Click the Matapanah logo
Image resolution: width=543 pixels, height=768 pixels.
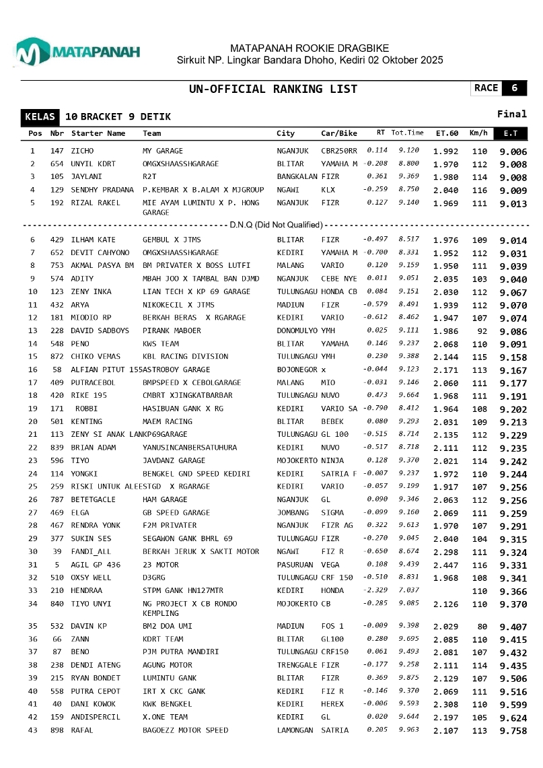77,52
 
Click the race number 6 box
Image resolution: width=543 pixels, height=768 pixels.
515,88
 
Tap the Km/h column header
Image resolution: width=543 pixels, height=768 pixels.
478,133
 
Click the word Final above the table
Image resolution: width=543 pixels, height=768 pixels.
511,114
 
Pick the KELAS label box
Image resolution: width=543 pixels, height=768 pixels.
40,116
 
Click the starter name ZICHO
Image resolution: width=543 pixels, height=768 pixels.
82,151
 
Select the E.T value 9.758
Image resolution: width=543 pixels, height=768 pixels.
513,730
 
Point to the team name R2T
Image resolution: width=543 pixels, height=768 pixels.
149,177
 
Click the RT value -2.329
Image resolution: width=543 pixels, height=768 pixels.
375,590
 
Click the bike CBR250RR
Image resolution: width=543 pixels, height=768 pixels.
339,151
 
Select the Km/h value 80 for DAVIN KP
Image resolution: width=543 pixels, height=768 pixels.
481,627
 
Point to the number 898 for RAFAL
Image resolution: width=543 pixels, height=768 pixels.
57,730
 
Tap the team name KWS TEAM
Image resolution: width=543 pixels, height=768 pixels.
161,343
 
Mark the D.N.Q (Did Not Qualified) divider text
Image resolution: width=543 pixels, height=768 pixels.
276,224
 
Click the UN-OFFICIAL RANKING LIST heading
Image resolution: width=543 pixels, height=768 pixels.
273,89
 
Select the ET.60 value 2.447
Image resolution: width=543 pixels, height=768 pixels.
445,565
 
